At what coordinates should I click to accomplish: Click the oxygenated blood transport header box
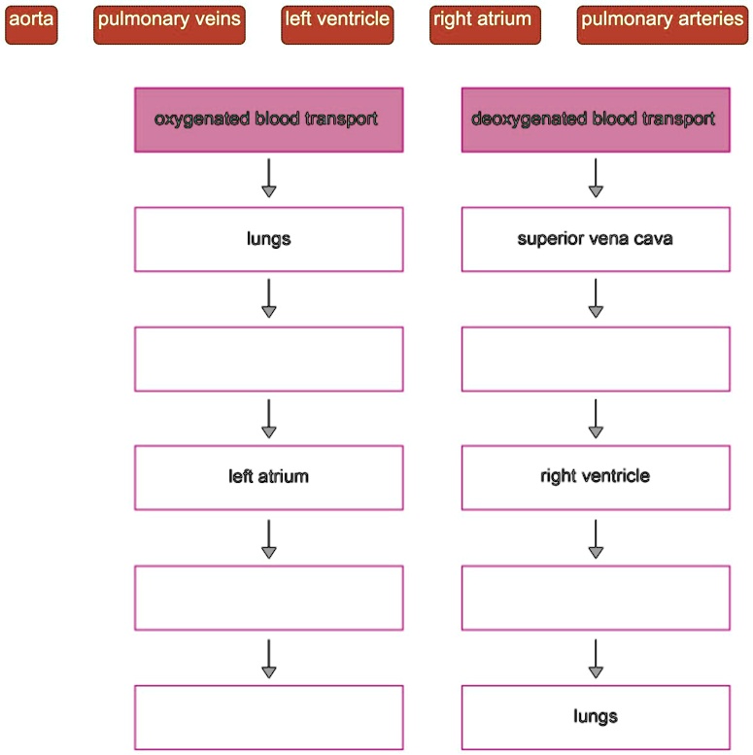(x=268, y=120)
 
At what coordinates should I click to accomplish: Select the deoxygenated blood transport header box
(x=595, y=120)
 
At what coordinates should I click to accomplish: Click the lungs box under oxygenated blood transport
(x=268, y=239)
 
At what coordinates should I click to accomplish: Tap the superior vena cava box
(x=595, y=239)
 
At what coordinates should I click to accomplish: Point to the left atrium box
(x=268, y=477)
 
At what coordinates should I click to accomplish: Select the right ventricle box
(x=595, y=477)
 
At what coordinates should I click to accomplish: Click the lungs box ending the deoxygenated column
(x=595, y=717)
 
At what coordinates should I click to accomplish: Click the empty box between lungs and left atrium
(x=268, y=359)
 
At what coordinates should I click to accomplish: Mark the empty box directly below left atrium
(x=268, y=598)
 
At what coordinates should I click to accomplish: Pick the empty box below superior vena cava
(x=595, y=359)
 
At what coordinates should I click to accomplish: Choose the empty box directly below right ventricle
(x=595, y=598)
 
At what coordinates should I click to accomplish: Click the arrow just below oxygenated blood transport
(x=269, y=179)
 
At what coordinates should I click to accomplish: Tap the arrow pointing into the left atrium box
(x=269, y=418)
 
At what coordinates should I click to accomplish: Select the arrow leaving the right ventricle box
(x=596, y=538)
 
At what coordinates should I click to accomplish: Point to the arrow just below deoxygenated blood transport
(x=596, y=179)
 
